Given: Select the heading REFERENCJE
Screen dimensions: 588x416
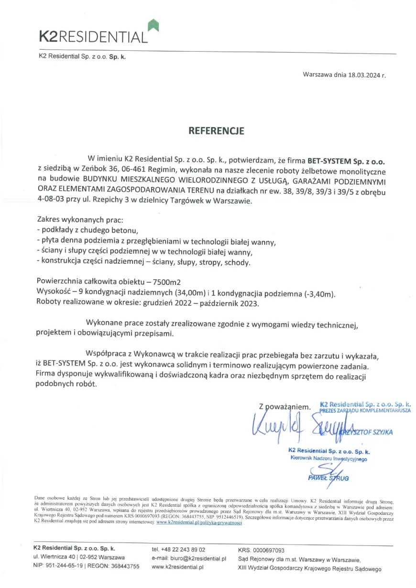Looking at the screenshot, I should coord(209,131).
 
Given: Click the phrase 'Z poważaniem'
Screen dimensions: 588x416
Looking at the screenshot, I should coord(285,407).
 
